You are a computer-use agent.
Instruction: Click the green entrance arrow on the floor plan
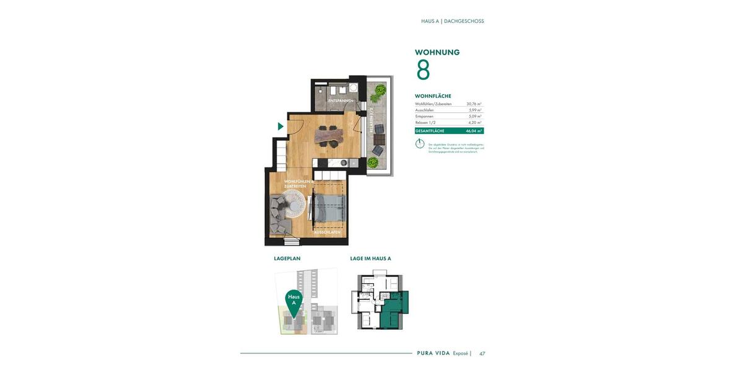(280, 126)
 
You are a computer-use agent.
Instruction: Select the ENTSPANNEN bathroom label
(341, 100)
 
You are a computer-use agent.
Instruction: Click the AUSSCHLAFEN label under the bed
(327, 232)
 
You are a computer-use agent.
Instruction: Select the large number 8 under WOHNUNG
(423, 70)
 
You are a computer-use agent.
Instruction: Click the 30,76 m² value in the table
(474, 104)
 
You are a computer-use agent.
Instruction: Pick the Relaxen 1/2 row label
(427, 123)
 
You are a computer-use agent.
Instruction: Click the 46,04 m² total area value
(474, 131)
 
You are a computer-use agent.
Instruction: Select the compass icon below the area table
(420, 144)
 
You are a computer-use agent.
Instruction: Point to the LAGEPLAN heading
(287, 259)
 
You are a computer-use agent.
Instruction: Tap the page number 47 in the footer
(482, 353)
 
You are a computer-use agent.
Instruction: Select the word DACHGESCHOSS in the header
(464, 21)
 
